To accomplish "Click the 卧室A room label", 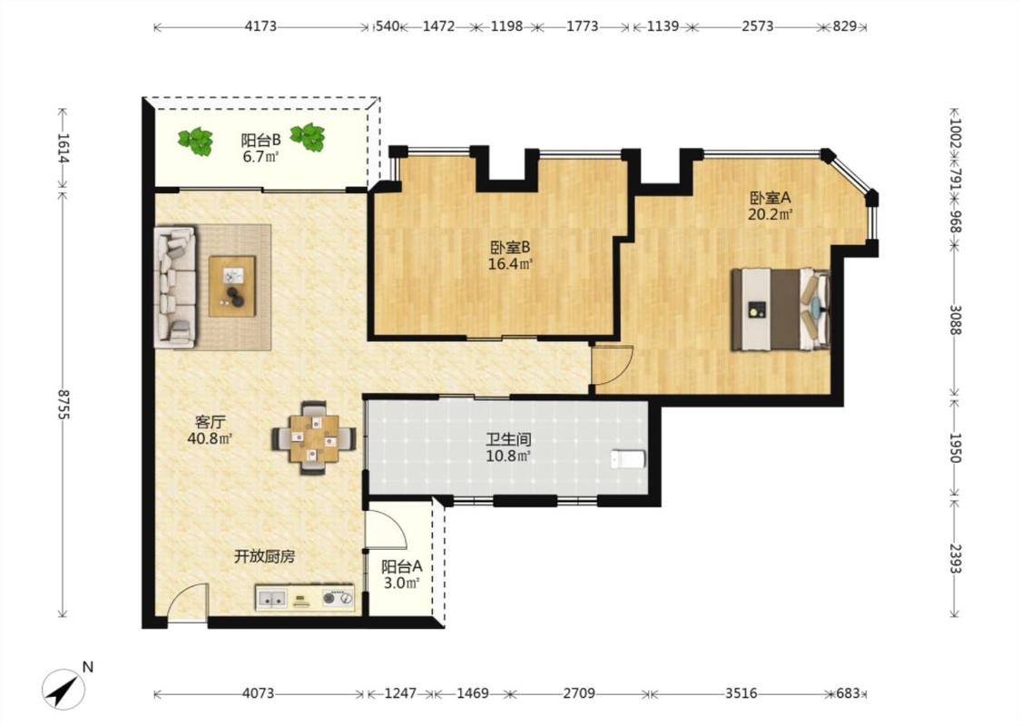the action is pyautogui.click(x=770, y=197).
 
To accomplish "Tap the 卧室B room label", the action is pyautogui.click(x=510, y=248).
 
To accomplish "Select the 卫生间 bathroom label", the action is pyautogui.click(x=508, y=439).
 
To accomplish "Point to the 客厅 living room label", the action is pyautogui.click(x=210, y=422).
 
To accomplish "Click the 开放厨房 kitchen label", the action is pyautogui.click(x=264, y=556).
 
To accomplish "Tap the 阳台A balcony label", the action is pyautogui.click(x=401, y=566).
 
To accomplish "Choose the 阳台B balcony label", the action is pyautogui.click(x=260, y=140).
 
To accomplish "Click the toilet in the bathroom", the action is pyautogui.click(x=628, y=459).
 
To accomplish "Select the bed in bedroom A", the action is pyautogui.click(x=780, y=309).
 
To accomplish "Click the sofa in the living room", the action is pyautogui.click(x=174, y=287).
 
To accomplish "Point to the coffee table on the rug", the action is pyautogui.click(x=231, y=287).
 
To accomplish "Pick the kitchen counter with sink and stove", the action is pyautogui.click(x=305, y=597).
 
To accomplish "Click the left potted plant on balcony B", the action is pyautogui.click(x=196, y=141).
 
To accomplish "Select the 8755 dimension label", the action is pyautogui.click(x=64, y=406).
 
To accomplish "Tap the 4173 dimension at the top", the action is pyautogui.click(x=260, y=26).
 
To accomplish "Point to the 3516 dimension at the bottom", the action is pyautogui.click(x=741, y=693).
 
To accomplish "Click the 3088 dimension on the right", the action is pyautogui.click(x=955, y=320).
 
